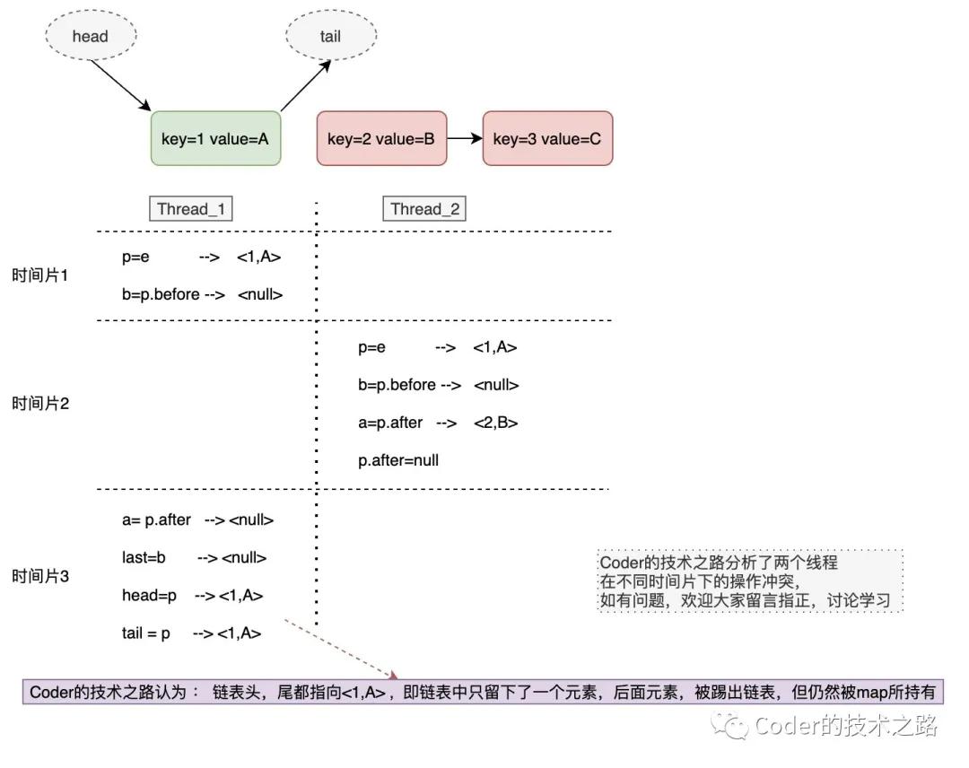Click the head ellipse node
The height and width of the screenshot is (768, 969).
pos(91,37)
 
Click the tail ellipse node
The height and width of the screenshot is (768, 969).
pos(330,37)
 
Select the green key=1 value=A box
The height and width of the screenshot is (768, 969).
pos(215,139)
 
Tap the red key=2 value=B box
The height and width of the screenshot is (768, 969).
pos(381,139)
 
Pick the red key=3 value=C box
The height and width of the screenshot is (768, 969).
pos(547,139)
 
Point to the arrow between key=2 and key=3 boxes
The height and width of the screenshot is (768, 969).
pos(465,139)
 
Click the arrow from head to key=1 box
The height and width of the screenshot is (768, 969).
pos(121,87)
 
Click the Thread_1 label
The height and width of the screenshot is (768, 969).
pos(190,209)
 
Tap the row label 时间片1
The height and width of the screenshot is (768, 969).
pos(40,275)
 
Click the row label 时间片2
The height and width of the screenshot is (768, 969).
pos(40,404)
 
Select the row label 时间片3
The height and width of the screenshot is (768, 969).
pos(40,576)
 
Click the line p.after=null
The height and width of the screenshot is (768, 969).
pos(398,460)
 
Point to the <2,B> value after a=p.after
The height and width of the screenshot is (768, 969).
pos(496,423)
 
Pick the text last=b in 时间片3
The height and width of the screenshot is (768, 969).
pos(144,557)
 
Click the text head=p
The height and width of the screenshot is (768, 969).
pos(149,595)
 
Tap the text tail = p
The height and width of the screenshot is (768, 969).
pos(146,633)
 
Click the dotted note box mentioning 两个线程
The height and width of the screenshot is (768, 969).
pos(750,581)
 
